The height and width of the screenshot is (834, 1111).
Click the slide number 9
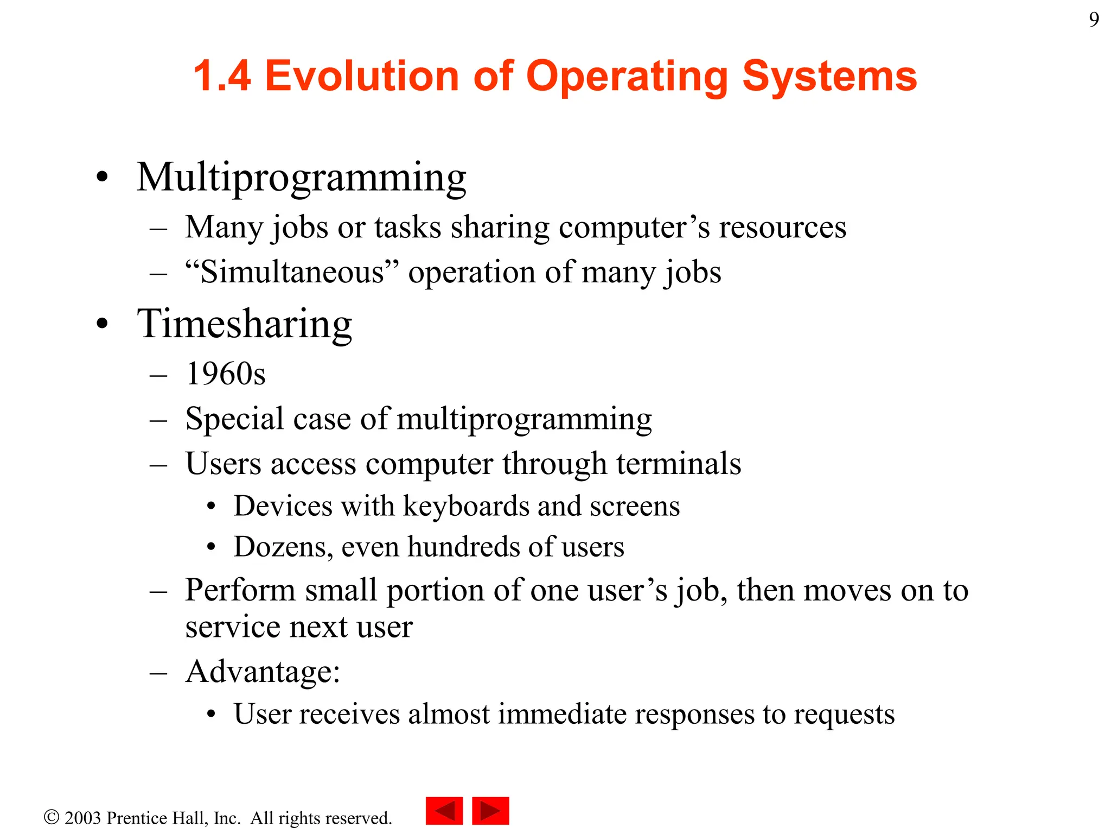(x=1094, y=20)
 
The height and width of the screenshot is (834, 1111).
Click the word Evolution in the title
(x=362, y=75)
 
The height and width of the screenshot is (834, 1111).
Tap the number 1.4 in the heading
(x=222, y=75)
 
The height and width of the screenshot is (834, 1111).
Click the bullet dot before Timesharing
(x=102, y=324)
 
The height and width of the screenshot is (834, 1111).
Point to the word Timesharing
(x=244, y=324)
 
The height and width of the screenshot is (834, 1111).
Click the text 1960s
(x=225, y=374)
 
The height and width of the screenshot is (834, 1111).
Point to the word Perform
(x=240, y=590)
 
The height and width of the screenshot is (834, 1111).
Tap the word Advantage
(x=260, y=672)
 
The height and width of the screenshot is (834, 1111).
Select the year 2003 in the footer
(x=82, y=818)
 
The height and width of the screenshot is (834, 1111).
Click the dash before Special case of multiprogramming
(x=158, y=420)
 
